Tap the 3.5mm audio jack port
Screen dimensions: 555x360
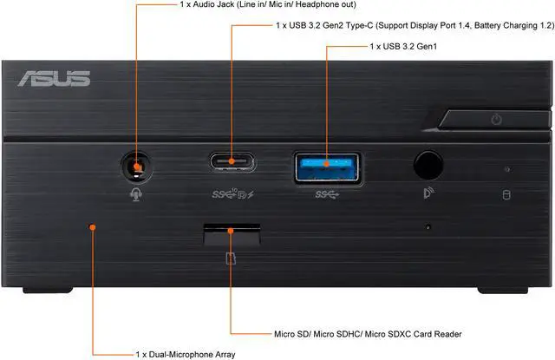pos(134,163)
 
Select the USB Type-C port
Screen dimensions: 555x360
pos(230,162)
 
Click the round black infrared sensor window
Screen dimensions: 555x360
pos(428,163)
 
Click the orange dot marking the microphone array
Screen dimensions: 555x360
pos(92,228)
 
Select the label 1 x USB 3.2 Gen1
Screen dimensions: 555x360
pos(404,44)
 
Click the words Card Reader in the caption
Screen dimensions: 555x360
pos(432,333)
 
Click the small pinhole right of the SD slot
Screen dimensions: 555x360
pos(428,228)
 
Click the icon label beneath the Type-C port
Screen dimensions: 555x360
pos(230,193)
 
